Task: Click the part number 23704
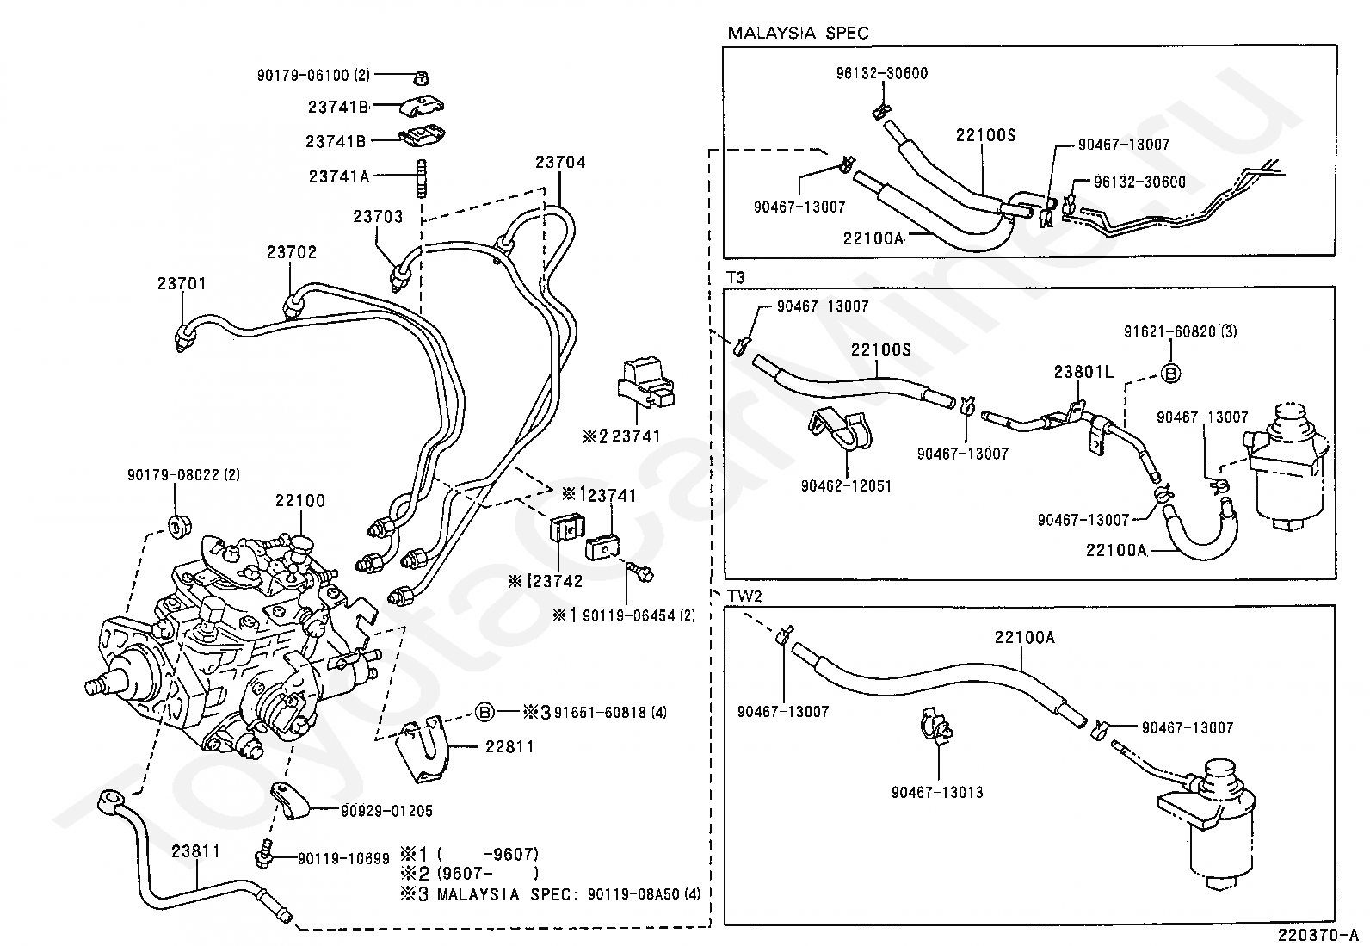[560, 162]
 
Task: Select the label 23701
[182, 283]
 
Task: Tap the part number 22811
[509, 746]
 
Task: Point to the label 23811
[195, 851]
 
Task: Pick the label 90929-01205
[386, 811]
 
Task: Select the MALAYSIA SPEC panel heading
[798, 33]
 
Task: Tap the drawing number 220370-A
[1317, 934]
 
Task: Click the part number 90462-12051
[846, 485]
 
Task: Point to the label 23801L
[1083, 372]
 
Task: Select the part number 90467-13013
[937, 792]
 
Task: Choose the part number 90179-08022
[183, 474]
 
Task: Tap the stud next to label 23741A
[422, 178]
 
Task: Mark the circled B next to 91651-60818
[484, 712]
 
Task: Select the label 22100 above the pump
[300, 500]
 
